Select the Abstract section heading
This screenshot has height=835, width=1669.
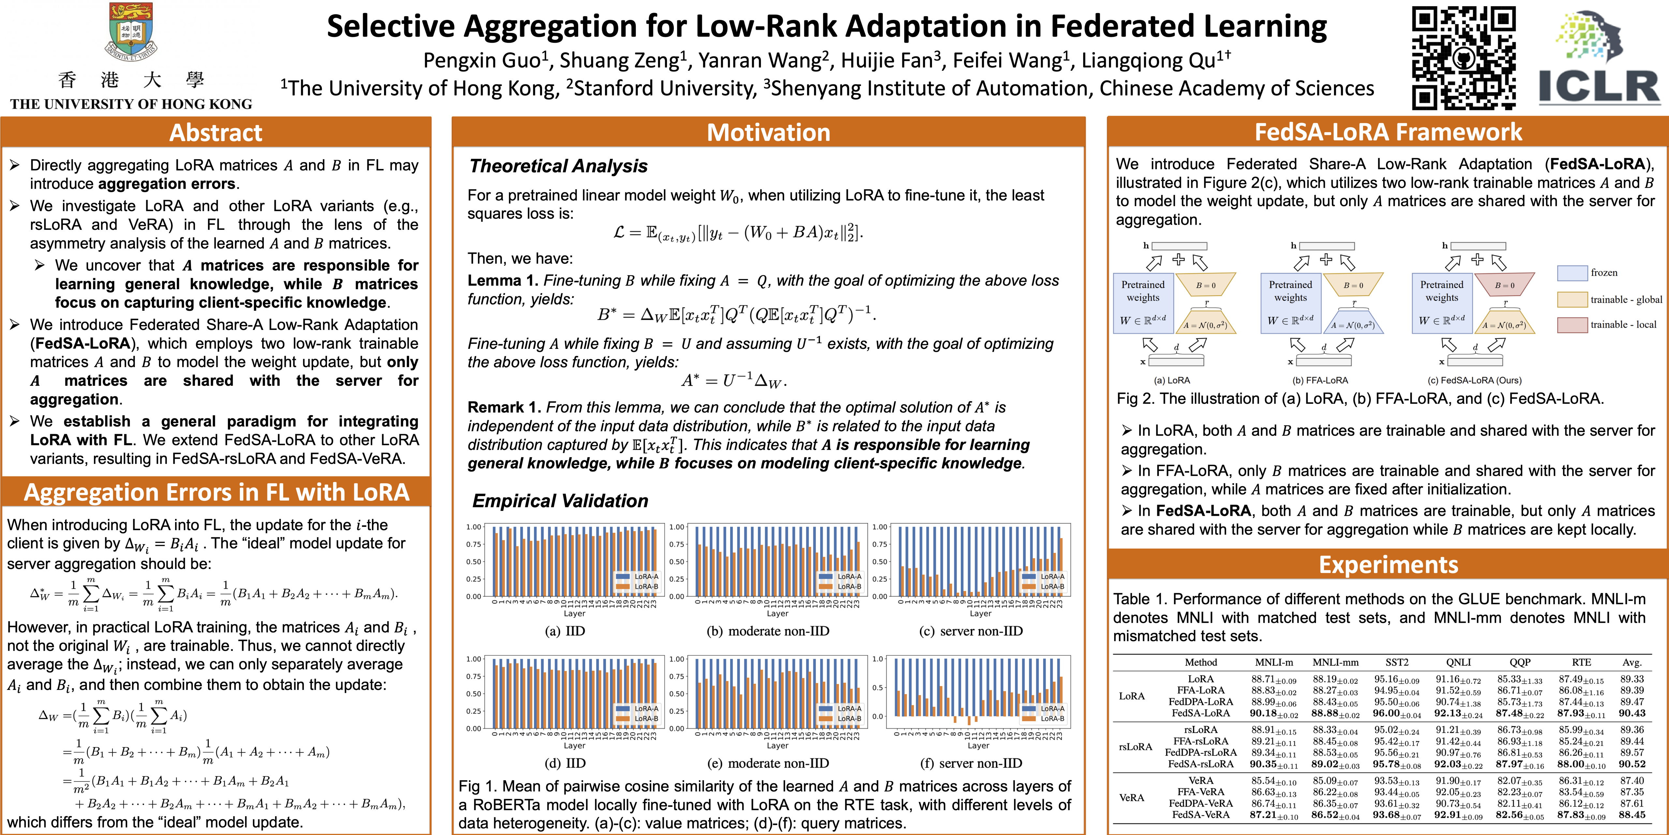[x=216, y=133]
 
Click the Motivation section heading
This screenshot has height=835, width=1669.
[x=768, y=133]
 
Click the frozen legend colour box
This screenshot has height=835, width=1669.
[x=1572, y=273]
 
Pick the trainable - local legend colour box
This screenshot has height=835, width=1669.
[x=1572, y=324]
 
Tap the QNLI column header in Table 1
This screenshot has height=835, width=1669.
[x=1458, y=662]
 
